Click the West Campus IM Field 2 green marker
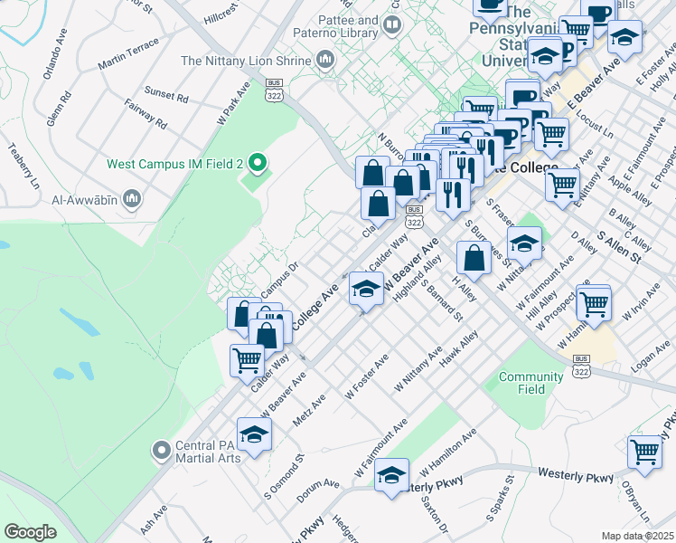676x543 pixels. point(258,164)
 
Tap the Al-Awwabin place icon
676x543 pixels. point(132,197)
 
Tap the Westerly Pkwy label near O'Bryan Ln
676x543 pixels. point(576,473)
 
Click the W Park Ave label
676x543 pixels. point(232,104)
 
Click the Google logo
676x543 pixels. point(30,532)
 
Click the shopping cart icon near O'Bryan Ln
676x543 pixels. point(645,452)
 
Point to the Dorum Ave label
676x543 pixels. point(317,486)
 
